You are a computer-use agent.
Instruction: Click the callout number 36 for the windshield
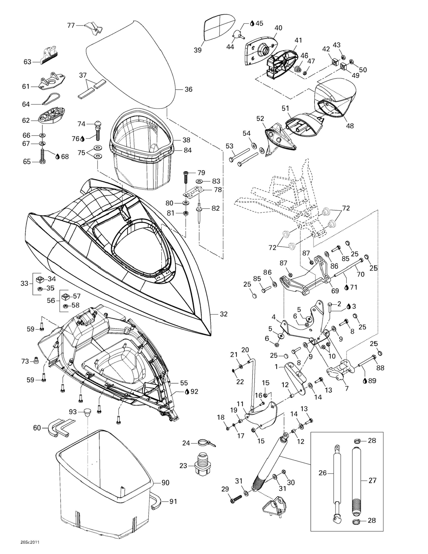click(188, 89)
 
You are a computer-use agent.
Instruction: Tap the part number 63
click(27, 62)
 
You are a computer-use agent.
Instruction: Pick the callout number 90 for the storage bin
click(165, 482)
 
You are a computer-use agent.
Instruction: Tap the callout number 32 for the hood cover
click(224, 314)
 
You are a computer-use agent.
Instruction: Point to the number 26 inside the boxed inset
click(322, 473)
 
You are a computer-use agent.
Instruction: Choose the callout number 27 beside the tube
click(372, 480)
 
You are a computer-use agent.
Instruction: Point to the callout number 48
click(350, 126)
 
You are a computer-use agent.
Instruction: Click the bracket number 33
click(24, 283)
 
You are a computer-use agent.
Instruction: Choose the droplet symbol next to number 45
click(252, 23)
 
